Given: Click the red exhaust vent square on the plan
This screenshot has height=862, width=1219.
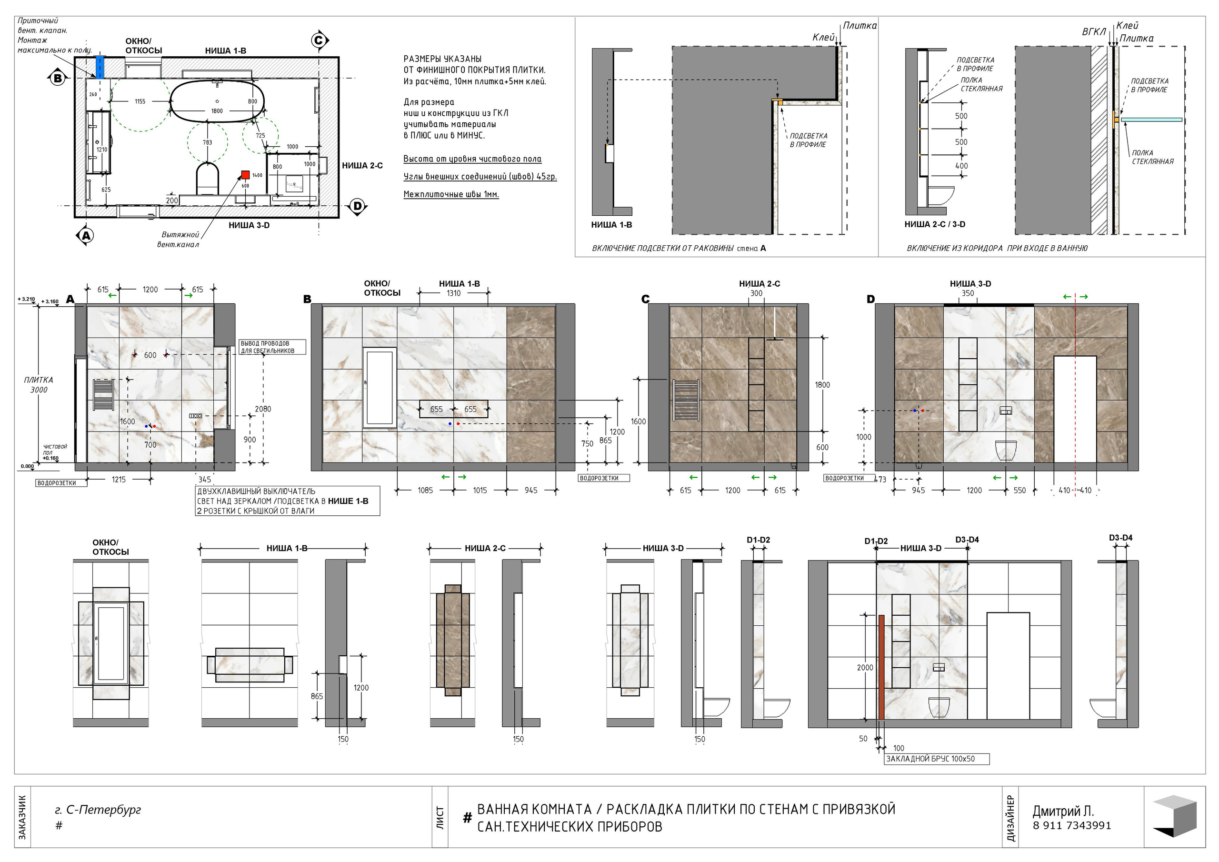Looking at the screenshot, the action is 245,175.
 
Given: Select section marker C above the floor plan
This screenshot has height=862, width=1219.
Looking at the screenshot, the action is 319,40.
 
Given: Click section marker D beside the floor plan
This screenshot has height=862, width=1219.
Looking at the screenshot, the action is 357,206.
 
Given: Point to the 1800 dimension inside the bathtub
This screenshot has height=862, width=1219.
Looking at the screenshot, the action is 217,111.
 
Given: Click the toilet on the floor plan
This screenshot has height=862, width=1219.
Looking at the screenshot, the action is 208,179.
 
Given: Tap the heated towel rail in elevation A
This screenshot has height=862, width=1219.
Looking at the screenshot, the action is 103,395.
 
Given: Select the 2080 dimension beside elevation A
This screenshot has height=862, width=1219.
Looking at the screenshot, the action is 263,409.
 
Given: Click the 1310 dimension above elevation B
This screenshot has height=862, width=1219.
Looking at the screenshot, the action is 453,293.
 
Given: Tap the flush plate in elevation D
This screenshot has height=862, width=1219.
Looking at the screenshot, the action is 1006,410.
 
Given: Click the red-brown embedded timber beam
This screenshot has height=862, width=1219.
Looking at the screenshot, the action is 881,667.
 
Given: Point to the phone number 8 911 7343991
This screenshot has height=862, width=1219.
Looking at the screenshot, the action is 1072,825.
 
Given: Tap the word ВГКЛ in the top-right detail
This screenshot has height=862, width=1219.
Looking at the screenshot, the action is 1094,32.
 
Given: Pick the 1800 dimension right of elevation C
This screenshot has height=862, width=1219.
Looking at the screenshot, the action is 822,385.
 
